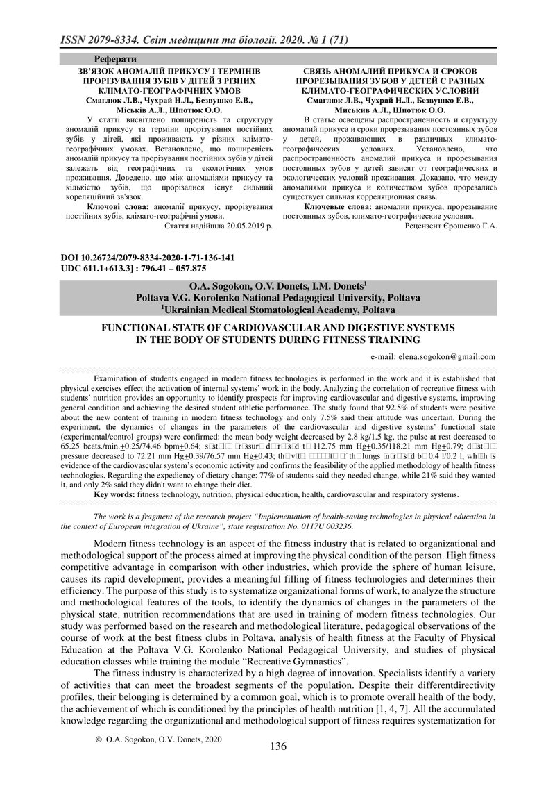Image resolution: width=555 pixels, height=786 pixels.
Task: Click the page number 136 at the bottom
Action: (x=277, y=766)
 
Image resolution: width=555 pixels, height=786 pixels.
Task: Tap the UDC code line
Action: (x=135, y=267)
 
